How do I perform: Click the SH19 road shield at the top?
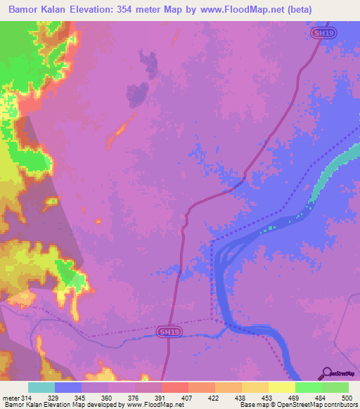(x=320, y=32)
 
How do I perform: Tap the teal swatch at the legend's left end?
(x=41, y=387)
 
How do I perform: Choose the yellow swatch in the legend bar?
(x=281, y=387)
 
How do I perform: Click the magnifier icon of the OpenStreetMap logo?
(x=326, y=374)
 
